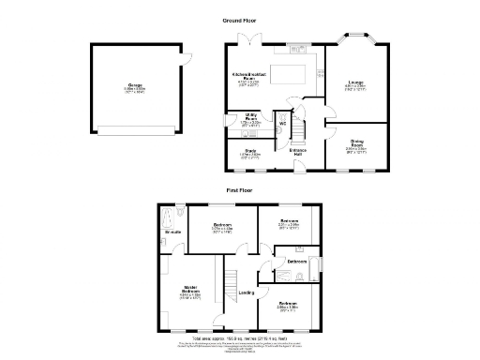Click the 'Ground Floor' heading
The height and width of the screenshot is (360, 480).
[x=240, y=20]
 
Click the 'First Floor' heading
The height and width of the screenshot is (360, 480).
[x=240, y=190]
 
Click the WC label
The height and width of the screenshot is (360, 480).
[x=281, y=123]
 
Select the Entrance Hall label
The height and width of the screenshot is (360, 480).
[x=298, y=153]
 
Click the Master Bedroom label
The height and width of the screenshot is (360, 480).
[x=190, y=292]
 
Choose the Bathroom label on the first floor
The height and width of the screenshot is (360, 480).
[x=297, y=262]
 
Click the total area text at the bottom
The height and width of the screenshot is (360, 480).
[x=240, y=336]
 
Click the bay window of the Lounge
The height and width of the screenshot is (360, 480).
[x=357, y=40]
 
